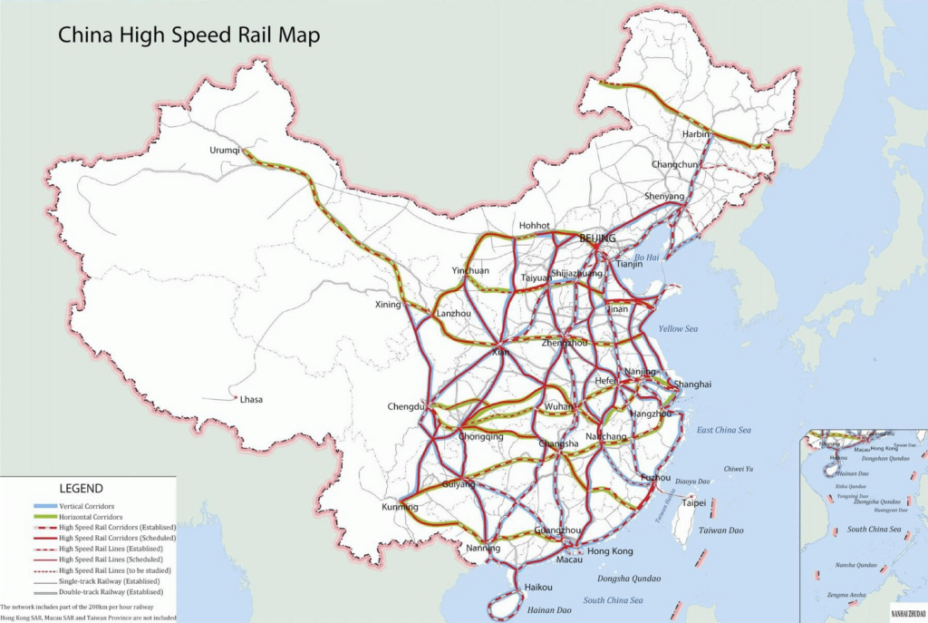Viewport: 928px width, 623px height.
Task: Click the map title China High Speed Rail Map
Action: [x=189, y=35]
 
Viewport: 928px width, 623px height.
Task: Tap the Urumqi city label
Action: [x=226, y=151]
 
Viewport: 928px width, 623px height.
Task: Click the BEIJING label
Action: [x=597, y=238]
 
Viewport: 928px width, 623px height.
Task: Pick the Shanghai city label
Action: [x=693, y=385]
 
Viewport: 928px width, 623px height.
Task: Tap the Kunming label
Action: [x=400, y=506]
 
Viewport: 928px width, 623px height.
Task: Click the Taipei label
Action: [x=693, y=502]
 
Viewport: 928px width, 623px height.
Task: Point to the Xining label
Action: [x=388, y=305]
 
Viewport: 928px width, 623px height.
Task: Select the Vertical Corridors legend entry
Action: [x=93, y=505]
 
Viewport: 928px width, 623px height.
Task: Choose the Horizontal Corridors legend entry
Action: [x=98, y=516]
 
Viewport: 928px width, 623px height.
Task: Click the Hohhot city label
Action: [x=535, y=226]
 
